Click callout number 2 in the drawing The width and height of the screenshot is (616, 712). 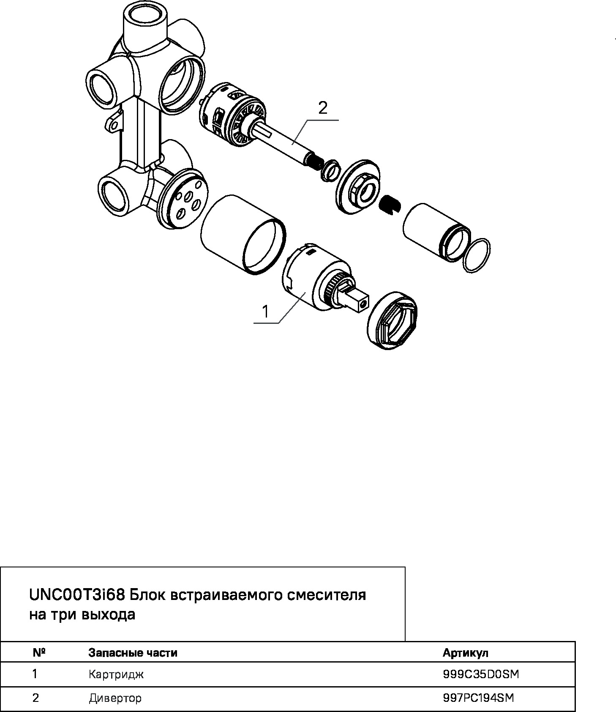(x=322, y=109)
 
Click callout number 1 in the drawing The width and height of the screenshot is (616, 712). (x=265, y=312)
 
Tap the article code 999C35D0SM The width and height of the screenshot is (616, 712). (x=481, y=675)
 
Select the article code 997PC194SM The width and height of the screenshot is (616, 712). (x=478, y=698)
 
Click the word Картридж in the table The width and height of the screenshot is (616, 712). (x=116, y=675)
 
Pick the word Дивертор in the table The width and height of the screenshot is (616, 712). (x=115, y=698)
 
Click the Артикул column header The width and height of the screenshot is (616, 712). (x=465, y=653)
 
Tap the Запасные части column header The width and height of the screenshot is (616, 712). (x=133, y=653)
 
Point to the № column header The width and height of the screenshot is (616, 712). (x=39, y=653)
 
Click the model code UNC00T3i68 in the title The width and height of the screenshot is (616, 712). (x=77, y=595)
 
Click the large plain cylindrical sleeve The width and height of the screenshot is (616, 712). (x=243, y=235)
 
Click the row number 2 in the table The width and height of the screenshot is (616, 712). (x=35, y=698)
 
